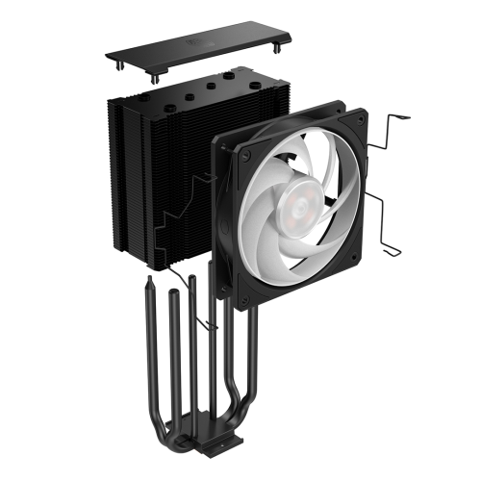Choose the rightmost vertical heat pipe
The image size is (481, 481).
click(x=252, y=375)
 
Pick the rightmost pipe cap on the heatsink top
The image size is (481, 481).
click(x=252, y=83)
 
